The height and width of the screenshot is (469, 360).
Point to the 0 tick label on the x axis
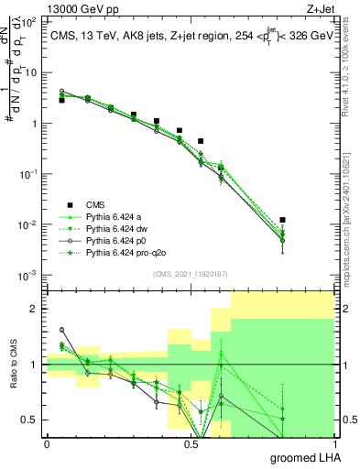(x=47, y=443)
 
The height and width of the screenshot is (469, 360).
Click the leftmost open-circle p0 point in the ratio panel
(x=61, y=330)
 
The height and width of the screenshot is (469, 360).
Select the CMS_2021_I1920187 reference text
(x=190, y=274)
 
